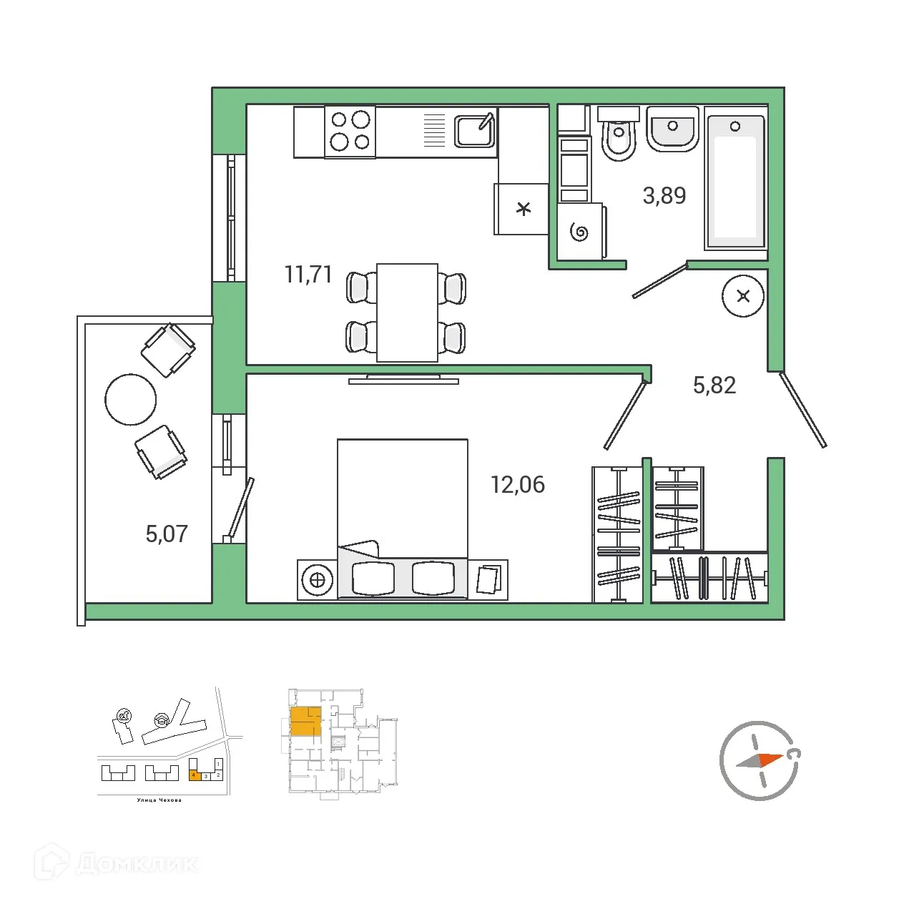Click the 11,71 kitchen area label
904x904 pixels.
308,274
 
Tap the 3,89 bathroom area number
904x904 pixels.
664,195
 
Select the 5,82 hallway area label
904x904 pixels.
714,385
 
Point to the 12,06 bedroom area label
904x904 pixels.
517,485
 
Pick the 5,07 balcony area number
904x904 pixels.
167,534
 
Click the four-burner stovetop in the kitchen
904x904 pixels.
350,131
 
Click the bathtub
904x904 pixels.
735,182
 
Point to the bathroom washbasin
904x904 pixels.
672,129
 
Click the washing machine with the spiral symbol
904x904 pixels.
580,231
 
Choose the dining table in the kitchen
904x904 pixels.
407,312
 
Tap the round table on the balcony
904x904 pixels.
130,400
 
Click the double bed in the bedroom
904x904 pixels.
403,519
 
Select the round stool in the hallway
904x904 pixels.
743,295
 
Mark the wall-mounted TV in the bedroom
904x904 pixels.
403,380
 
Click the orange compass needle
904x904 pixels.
770,758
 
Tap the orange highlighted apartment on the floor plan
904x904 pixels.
305,721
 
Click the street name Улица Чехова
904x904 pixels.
159,800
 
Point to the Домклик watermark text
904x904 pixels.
136,863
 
